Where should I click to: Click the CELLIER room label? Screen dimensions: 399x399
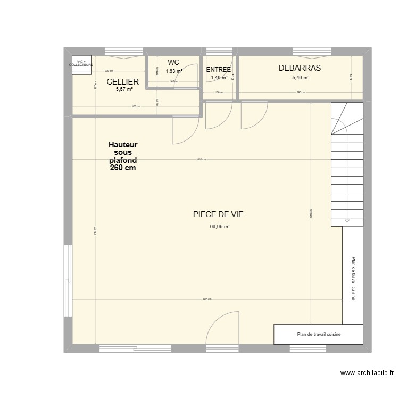click(x=123, y=82)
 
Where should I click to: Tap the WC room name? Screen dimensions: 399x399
click(x=173, y=63)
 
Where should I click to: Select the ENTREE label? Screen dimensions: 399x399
click(x=218, y=70)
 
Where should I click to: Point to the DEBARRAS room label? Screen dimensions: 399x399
click(x=300, y=68)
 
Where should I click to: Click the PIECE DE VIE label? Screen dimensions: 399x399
click(x=218, y=214)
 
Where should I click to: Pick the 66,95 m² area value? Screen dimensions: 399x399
click(x=220, y=227)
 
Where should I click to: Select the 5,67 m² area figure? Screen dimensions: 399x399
click(x=124, y=89)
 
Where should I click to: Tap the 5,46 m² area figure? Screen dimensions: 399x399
click(x=301, y=78)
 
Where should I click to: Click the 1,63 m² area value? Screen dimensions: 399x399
click(x=173, y=71)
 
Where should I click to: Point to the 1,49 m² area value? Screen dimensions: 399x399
click(x=219, y=78)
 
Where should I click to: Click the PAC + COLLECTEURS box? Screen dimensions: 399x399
click(x=81, y=63)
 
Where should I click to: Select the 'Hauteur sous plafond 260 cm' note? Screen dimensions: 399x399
click(x=123, y=156)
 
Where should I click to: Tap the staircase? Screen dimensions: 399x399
click(x=347, y=165)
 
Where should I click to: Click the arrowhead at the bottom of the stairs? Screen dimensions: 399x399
click(x=347, y=221)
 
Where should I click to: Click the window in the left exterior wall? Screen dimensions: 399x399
click(x=68, y=280)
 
